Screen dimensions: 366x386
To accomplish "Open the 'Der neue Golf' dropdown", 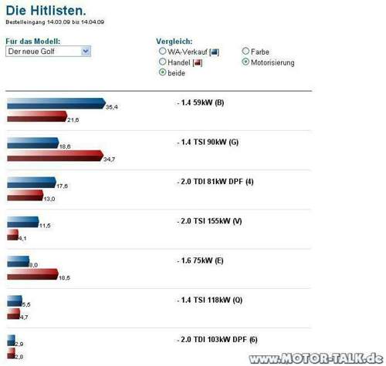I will [x=48, y=51].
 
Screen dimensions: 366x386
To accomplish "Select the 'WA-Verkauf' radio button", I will [x=162, y=52].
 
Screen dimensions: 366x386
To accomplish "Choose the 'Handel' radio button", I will [x=162, y=62].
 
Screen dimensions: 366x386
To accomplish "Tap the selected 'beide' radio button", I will [x=162, y=72].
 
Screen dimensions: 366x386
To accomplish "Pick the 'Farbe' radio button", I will [x=245, y=52].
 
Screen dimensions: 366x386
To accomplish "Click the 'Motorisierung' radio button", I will [x=245, y=62].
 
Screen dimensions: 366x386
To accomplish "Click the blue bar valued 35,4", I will [x=55, y=103].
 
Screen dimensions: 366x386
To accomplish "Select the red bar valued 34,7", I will [x=54, y=156].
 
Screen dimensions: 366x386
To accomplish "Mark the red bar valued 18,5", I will [x=32, y=274].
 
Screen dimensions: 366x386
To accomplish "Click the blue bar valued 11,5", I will [x=22, y=222].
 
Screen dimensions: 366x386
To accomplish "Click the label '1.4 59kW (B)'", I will [x=200, y=103].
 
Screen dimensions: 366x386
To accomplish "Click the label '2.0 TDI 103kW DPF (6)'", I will [x=217, y=340].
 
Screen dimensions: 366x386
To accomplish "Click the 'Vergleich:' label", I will [x=174, y=40].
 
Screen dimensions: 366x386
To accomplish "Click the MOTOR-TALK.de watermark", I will [x=316, y=358].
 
